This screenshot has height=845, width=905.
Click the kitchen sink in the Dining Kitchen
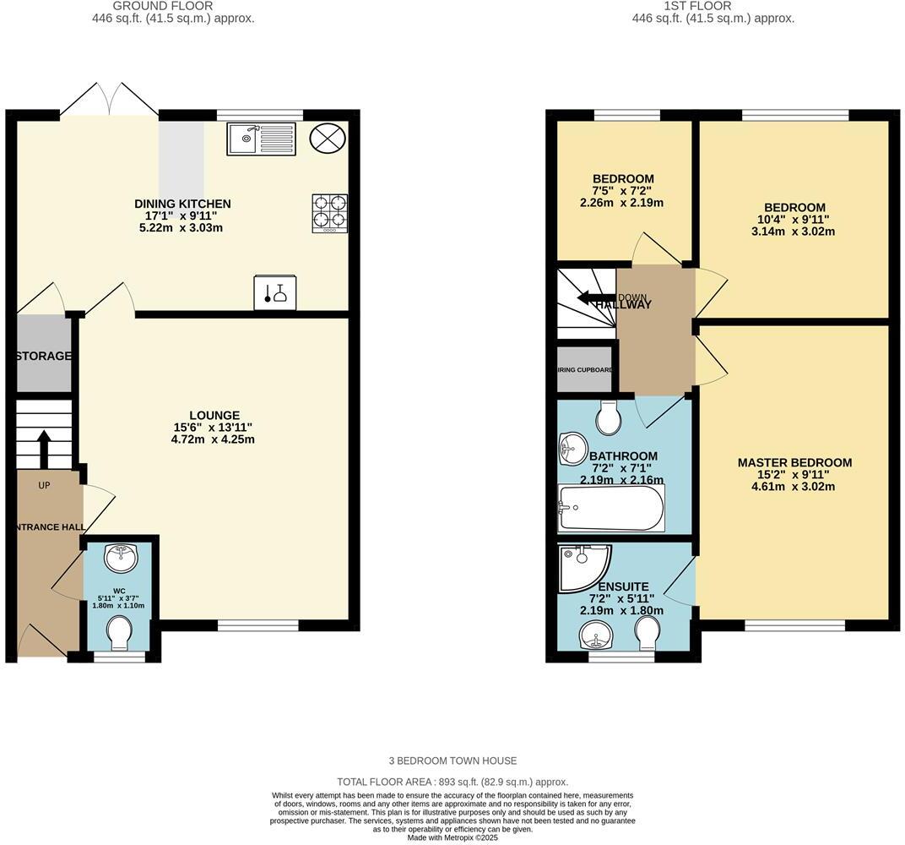pos(261,139)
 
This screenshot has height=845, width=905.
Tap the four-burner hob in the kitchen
pos(330,213)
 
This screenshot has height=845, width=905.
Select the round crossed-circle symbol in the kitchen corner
pos(327,138)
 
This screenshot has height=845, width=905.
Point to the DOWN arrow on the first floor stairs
pos(595,298)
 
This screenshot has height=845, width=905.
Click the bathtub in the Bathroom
pos(610,508)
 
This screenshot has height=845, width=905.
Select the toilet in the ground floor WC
pos(121,633)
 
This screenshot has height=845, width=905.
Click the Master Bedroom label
pos(794,462)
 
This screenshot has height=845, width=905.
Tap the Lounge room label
pos(214,415)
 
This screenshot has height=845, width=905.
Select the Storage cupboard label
pos(44,356)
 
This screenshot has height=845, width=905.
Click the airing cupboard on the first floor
pos(584,369)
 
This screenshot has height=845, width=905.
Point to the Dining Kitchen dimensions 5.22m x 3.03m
pos(182,228)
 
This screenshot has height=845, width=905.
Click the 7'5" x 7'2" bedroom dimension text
pos(623,191)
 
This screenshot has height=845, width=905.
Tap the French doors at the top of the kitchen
pos(109,98)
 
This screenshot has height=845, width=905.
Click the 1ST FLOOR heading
pos(685,6)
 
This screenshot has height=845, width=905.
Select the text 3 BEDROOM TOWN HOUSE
pos(452,760)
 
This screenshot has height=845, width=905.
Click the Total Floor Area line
pos(452,782)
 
